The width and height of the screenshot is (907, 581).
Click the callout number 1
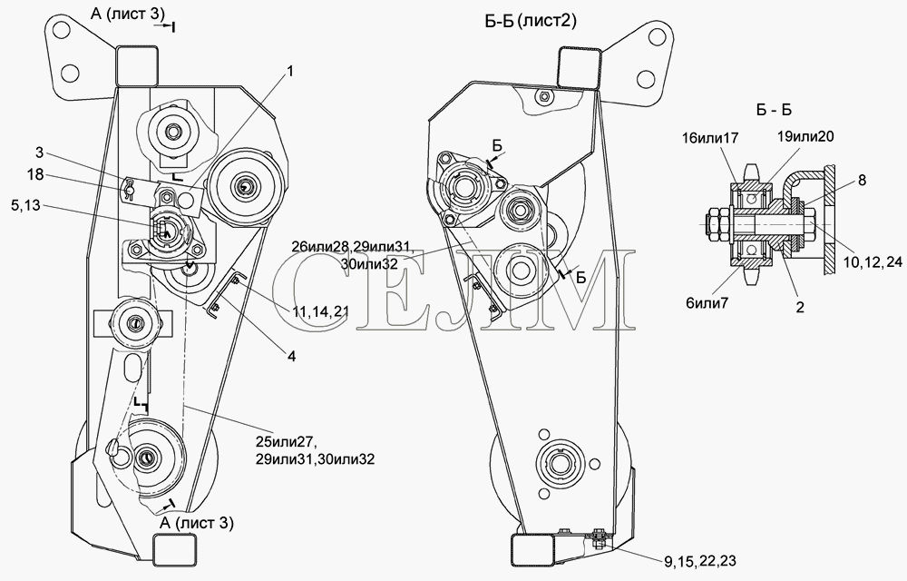point(290,71)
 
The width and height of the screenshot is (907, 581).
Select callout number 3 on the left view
point(39,153)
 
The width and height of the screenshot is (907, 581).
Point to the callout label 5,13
point(24,205)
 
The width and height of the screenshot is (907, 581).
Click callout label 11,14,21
point(320,312)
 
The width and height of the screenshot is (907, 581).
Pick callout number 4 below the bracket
point(291,357)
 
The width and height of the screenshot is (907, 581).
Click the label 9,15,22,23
point(700,561)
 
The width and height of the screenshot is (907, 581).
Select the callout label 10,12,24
point(873,262)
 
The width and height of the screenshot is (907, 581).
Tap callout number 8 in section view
point(862,181)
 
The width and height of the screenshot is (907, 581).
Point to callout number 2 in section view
point(800,307)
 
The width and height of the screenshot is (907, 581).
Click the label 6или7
point(707,303)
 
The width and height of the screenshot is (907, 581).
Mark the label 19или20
point(805,136)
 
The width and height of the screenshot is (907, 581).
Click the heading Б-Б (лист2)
point(531,22)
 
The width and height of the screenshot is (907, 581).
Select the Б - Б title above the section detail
point(774,109)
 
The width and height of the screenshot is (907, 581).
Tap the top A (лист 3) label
point(128,14)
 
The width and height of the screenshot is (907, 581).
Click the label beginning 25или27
point(315,451)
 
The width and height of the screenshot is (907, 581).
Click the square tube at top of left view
point(137,66)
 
